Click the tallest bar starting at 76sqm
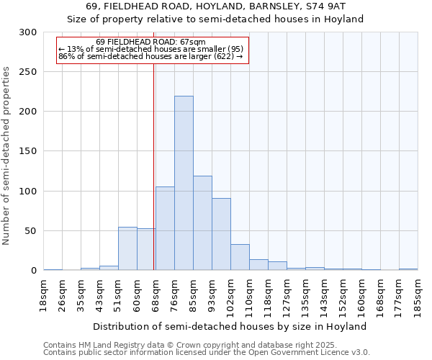click(x=184, y=183)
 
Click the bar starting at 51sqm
click(x=127, y=248)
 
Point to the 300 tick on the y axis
click(x=28, y=32)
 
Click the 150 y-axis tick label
click(x=28, y=151)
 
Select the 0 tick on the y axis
click(x=33, y=271)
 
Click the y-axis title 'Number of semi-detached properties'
click(x=7, y=156)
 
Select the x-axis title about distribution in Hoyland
click(x=230, y=326)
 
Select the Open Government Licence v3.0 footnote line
click(x=206, y=353)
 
